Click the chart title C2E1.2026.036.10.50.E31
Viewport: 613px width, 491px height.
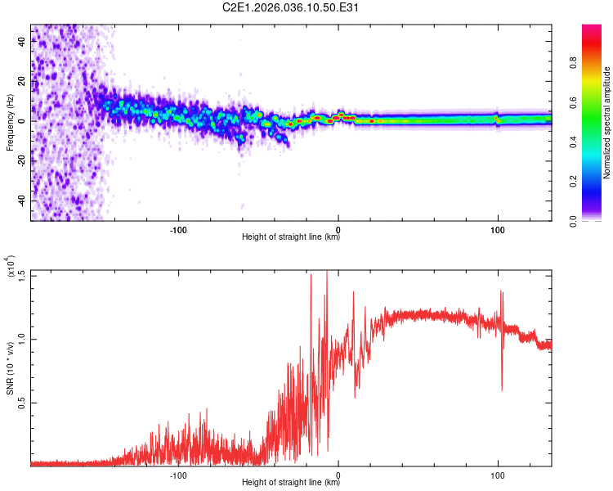pos(292,8)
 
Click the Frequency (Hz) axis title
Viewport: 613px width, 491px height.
pos(10,123)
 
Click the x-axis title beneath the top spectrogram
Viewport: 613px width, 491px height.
pos(291,238)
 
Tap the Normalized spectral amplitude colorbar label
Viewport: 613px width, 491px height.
pos(607,123)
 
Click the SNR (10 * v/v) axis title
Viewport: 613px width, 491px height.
pos(10,368)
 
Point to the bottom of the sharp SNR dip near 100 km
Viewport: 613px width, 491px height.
pos(502,390)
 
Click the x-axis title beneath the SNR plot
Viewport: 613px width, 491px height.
pos(291,483)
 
